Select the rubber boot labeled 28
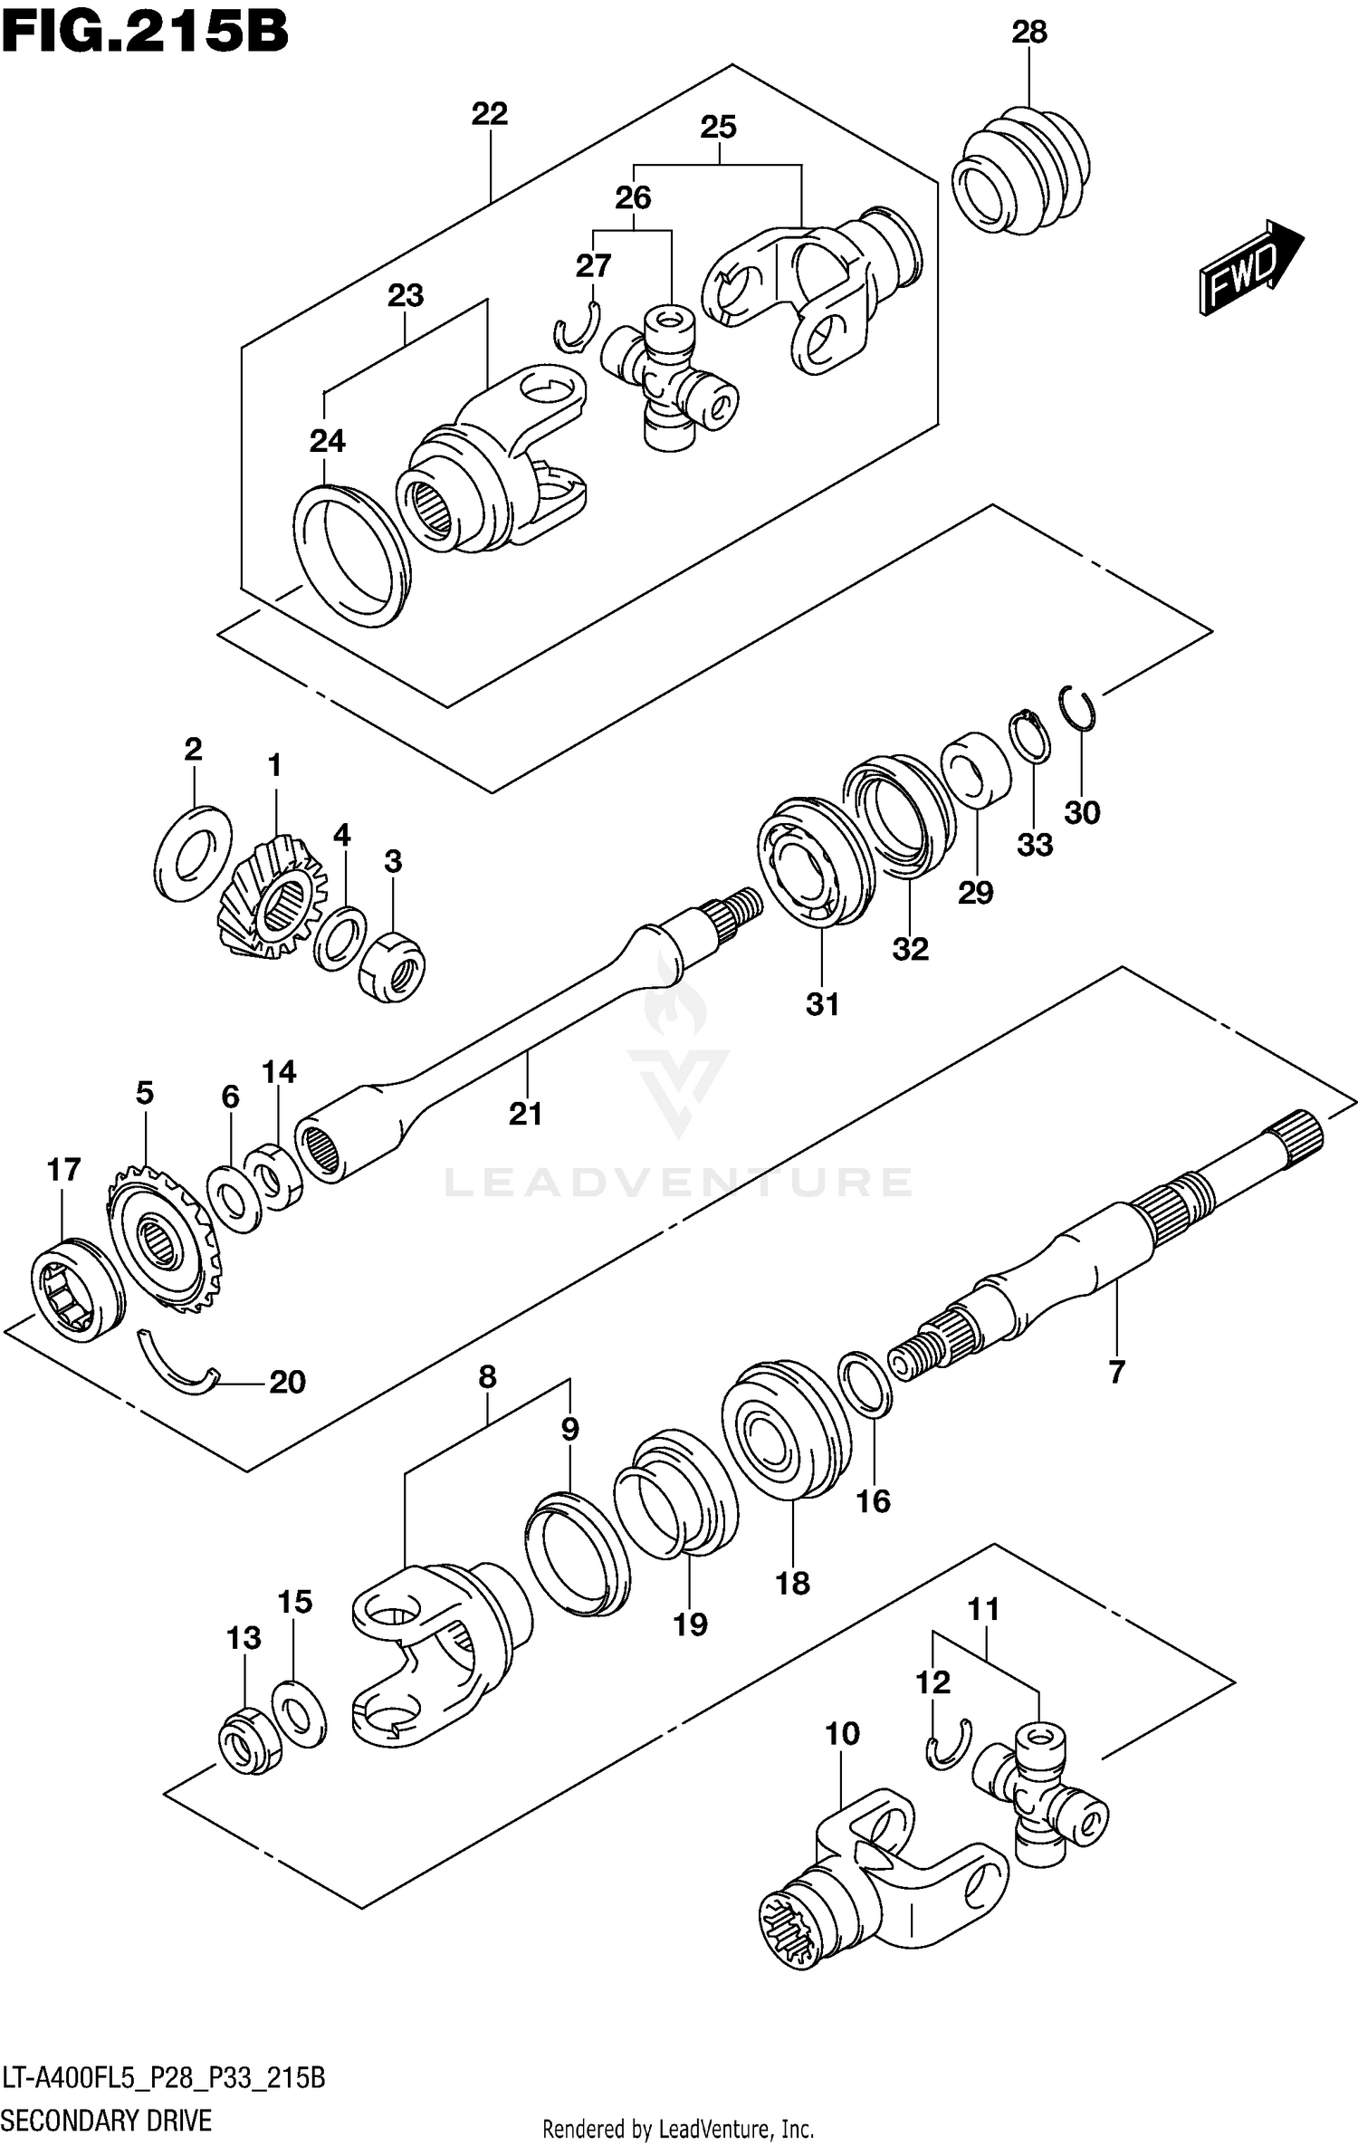(1021, 174)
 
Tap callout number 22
(490, 114)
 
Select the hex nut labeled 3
(392, 966)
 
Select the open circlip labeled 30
(1078, 706)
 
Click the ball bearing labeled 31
(813, 862)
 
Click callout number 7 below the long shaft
(1116, 1372)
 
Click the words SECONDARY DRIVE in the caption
(107, 2120)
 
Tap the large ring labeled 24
(350, 555)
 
